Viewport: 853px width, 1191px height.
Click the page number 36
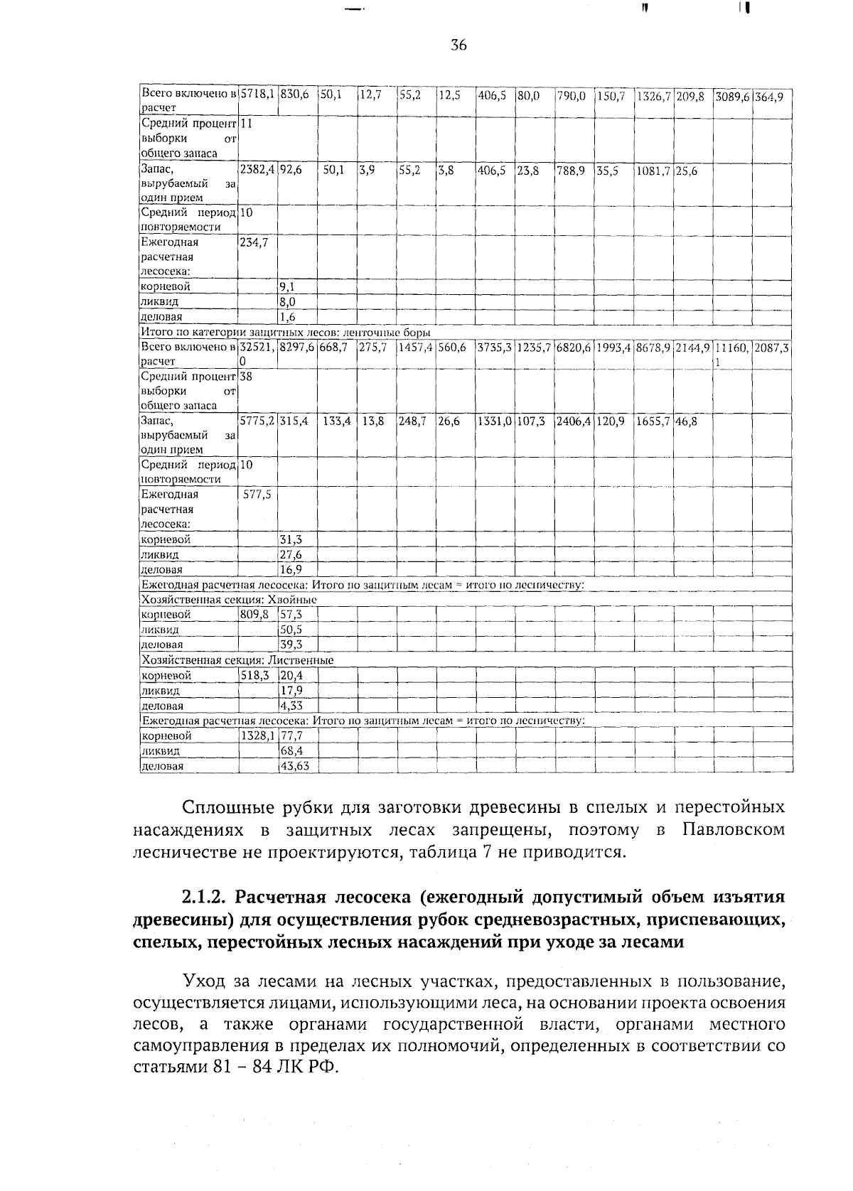coord(458,45)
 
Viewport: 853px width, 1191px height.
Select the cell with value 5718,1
coord(257,94)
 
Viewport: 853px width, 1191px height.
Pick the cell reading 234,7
coord(254,242)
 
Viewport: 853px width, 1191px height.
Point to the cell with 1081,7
coord(653,170)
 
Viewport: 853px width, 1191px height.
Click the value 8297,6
coord(297,347)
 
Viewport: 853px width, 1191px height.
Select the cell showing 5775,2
coord(257,421)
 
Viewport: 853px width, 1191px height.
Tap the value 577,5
coord(257,495)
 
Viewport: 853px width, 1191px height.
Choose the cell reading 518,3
coord(254,676)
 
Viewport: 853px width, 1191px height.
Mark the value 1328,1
coord(257,736)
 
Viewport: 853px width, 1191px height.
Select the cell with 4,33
coord(291,706)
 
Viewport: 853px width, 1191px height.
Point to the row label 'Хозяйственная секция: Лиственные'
coord(237,660)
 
